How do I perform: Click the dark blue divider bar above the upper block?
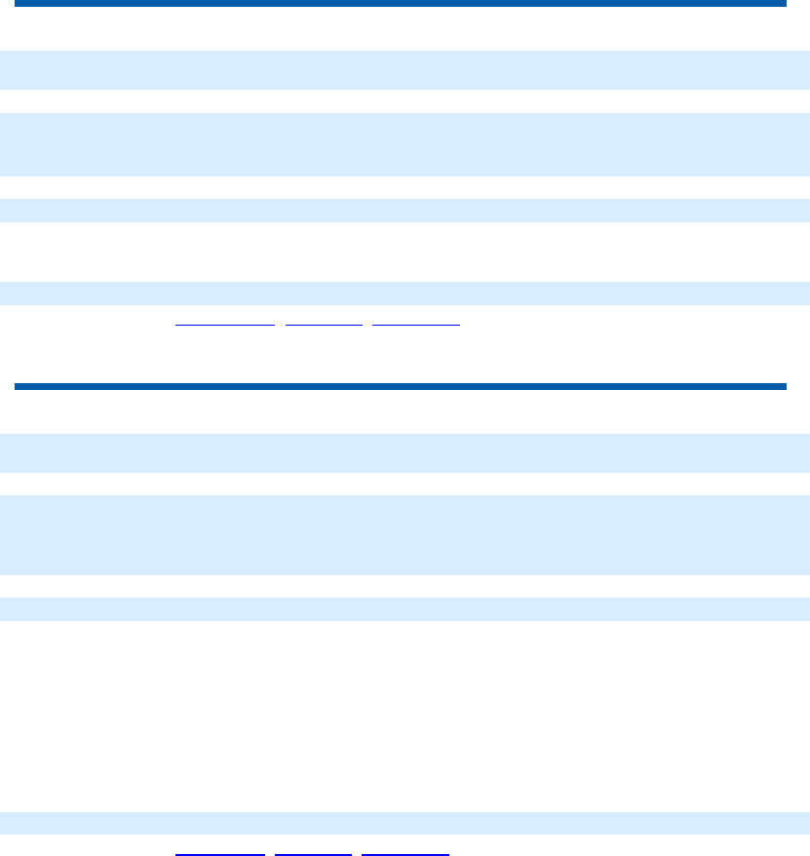(400, 4)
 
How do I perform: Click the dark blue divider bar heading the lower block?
(400, 387)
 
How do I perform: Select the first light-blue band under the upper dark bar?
(405, 70)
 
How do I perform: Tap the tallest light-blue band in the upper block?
(405, 144)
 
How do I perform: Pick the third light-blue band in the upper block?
(405, 211)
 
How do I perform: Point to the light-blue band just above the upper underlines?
(405, 293)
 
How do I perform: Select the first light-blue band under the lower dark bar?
(405, 453)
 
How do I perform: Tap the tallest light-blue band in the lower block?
(405, 534)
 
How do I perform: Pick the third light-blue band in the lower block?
(405, 609)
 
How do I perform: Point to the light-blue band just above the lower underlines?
(405, 823)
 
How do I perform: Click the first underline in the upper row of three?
(224, 323)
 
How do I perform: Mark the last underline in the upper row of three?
(416, 323)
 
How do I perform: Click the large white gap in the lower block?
(405, 717)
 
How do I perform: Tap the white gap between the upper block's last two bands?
(405, 252)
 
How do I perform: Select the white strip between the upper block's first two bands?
(405, 101)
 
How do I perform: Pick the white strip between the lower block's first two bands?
(405, 485)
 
